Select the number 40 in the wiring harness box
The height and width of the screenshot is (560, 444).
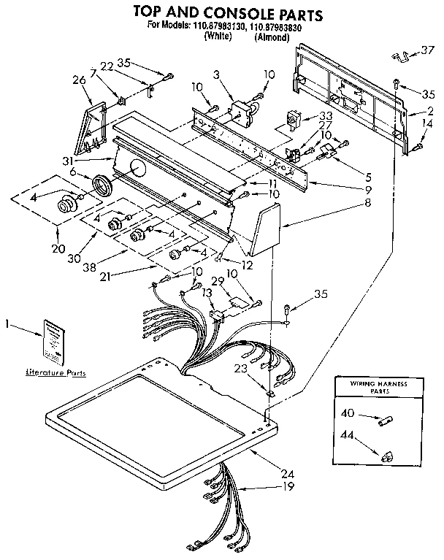click(348, 413)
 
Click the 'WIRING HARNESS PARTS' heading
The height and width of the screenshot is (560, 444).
click(377, 386)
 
